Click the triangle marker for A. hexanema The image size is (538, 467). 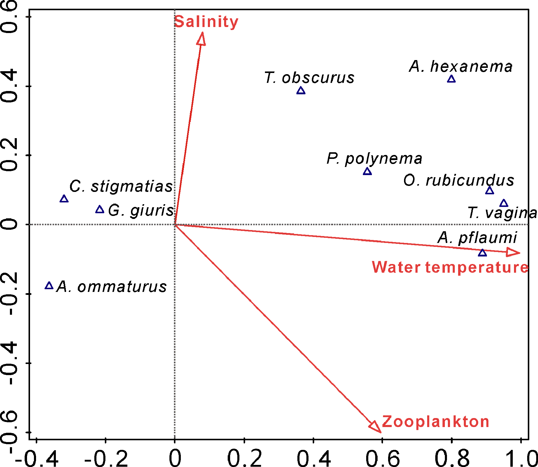point(451,79)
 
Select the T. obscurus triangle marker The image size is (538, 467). point(301,91)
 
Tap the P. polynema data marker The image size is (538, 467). point(367,172)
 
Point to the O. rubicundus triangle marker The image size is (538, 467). point(490,191)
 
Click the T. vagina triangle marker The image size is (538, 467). point(504,204)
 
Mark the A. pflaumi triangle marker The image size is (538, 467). point(482,253)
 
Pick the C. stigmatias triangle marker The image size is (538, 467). point(64,199)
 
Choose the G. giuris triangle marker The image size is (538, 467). point(100,210)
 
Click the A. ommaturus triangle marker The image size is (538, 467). point(49,286)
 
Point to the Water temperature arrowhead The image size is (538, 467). point(513,252)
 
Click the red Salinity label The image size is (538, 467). point(206,22)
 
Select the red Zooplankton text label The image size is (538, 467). point(435,422)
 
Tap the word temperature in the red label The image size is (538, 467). point(477,267)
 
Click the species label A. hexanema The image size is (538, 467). point(460,67)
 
